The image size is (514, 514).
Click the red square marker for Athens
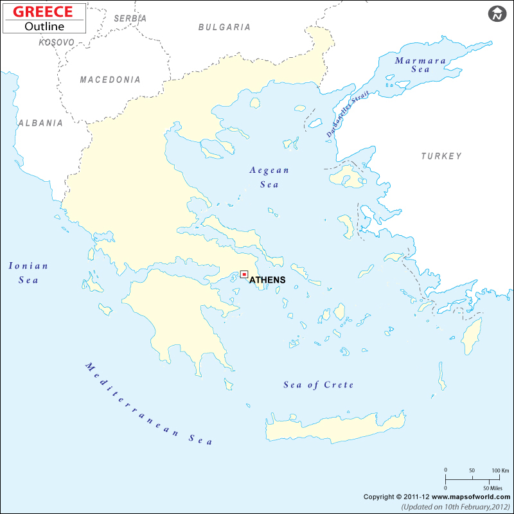[244, 274]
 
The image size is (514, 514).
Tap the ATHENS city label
[267, 280]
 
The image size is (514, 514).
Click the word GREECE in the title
[44, 12]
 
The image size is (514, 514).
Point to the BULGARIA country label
[224, 27]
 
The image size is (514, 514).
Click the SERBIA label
[130, 19]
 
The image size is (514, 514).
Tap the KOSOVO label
[57, 42]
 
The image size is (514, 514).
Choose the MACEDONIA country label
[110, 80]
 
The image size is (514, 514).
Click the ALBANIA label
[40, 123]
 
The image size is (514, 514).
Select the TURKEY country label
[441, 156]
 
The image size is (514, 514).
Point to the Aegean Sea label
[270, 177]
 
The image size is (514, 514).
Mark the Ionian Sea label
[28, 272]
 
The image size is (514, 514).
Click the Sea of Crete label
[319, 385]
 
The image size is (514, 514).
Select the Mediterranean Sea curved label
[148, 404]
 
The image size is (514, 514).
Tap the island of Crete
[334, 427]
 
